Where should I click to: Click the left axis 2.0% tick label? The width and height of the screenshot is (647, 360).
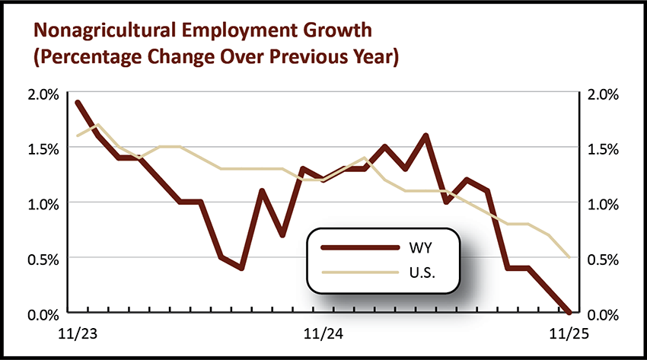43,94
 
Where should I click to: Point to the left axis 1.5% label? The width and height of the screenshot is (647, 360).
43,148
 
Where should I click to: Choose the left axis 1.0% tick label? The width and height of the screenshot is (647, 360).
43,203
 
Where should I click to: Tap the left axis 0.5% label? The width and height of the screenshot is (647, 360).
43,258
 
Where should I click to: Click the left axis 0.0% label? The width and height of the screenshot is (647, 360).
43,313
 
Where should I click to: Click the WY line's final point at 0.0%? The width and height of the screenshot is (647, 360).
569,311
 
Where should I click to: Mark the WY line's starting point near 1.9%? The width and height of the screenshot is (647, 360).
78,103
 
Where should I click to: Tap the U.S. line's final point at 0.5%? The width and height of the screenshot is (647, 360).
569,257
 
